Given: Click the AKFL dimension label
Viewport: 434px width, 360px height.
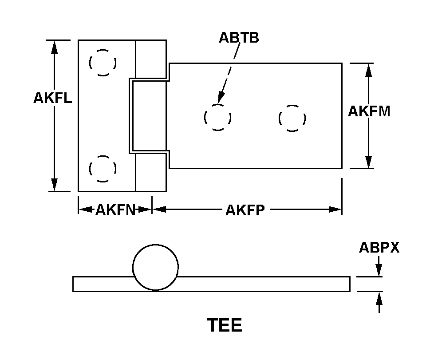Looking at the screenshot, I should [x=52, y=98].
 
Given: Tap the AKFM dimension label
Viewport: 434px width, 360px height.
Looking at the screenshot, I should [x=369, y=111].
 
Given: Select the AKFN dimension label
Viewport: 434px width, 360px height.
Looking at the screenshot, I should [x=115, y=210].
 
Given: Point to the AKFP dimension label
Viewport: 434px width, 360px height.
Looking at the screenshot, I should [x=245, y=210].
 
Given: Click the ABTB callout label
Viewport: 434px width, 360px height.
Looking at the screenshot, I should [x=239, y=38].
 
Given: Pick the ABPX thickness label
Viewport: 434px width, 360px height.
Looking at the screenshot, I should [x=379, y=248].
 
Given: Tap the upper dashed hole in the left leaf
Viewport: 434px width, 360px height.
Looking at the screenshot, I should [x=103, y=63].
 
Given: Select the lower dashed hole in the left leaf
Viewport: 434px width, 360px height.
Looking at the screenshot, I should [x=103, y=169].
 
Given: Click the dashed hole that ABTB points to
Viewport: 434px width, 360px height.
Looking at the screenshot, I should [x=217, y=118].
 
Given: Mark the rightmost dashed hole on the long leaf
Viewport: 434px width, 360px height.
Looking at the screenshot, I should [x=292, y=118].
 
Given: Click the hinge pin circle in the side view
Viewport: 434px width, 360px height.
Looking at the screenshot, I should [x=155, y=267].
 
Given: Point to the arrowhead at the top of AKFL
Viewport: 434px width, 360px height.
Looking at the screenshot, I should [x=54, y=46].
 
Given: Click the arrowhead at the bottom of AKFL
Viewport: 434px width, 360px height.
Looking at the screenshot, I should [x=54, y=185].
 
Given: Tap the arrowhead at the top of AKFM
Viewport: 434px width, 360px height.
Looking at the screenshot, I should [x=368, y=69].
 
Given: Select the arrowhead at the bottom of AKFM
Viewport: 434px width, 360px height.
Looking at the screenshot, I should [x=368, y=162].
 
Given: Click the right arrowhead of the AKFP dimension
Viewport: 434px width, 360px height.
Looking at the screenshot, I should [x=335, y=210].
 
